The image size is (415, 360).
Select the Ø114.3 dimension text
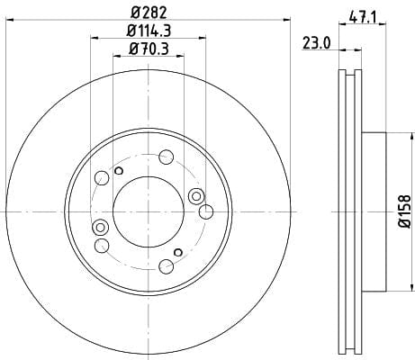coord(149,31)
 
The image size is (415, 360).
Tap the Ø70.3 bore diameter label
coord(149,49)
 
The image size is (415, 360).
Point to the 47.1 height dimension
coord(362,18)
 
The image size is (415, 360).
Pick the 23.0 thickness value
coord(316,43)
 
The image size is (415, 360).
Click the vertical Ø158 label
coord(404,211)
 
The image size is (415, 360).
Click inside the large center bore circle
coord(149,211)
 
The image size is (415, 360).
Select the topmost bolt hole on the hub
coord(166,157)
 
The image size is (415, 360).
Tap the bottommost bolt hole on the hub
coord(166,266)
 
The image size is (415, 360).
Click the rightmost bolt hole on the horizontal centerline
coord(206,211)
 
